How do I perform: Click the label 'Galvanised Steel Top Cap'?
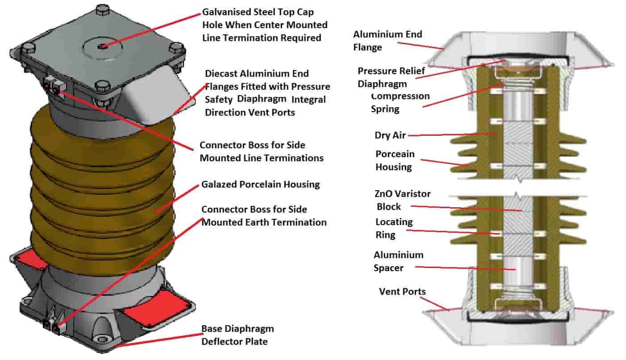tap(258, 12)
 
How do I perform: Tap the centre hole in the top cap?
tap(102, 47)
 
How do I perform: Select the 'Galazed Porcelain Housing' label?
tap(260, 184)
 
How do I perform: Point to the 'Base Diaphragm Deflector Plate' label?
tap(238, 335)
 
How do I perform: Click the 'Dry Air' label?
tap(390, 135)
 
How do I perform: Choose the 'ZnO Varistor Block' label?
tap(402, 200)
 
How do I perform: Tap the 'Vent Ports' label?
tap(402, 292)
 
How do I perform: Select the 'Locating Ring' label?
tap(394, 228)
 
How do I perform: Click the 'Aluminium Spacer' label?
tap(399, 261)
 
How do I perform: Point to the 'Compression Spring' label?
tap(400, 102)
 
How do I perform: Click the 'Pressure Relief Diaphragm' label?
tap(391, 77)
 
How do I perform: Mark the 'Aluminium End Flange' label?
tap(388, 41)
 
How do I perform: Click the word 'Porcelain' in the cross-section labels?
tap(395, 154)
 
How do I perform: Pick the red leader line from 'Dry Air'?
tap(453, 135)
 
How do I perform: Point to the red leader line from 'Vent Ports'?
tap(434, 304)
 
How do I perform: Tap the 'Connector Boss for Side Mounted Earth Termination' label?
tap(264, 216)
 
